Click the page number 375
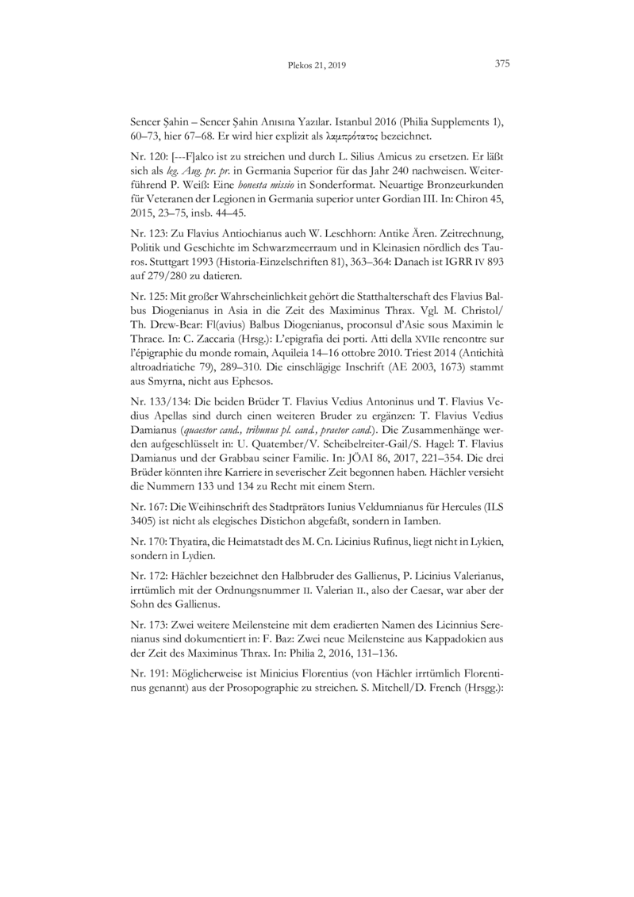coord(501,65)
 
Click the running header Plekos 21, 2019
coord(315,66)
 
